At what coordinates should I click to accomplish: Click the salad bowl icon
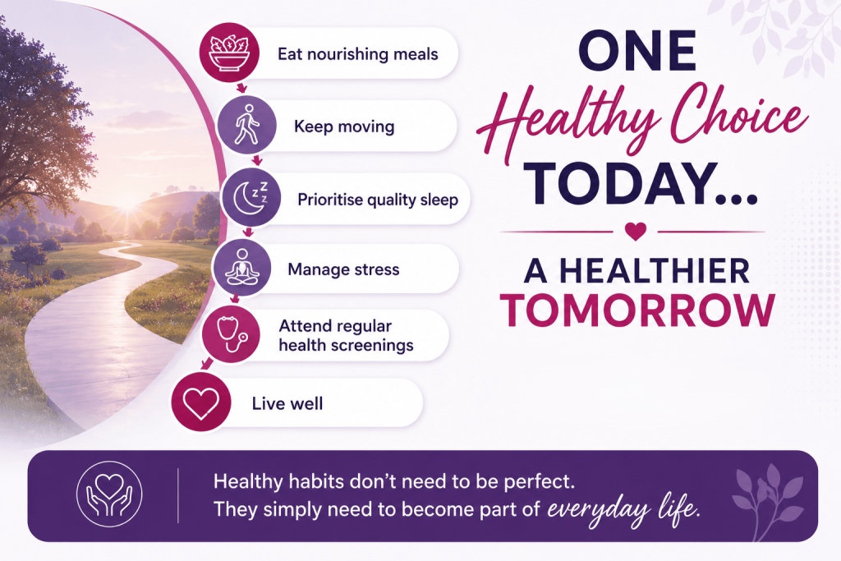click(229, 53)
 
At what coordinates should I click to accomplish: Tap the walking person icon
click(246, 125)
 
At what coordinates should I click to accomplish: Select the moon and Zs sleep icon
click(250, 197)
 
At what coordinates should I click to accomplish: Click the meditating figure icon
click(242, 267)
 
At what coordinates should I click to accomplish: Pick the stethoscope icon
click(232, 333)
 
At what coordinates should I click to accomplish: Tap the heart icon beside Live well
click(201, 402)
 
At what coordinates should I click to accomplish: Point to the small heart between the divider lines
click(636, 231)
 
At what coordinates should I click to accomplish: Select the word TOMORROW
click(637, 310)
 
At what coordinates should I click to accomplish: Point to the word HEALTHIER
click(655, 271)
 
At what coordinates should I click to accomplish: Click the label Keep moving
click(344, 126)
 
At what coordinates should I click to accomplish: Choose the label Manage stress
click(344, 269)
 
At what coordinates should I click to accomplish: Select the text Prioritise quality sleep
click(378, 200)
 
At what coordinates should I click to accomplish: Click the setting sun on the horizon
click(127, 205)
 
